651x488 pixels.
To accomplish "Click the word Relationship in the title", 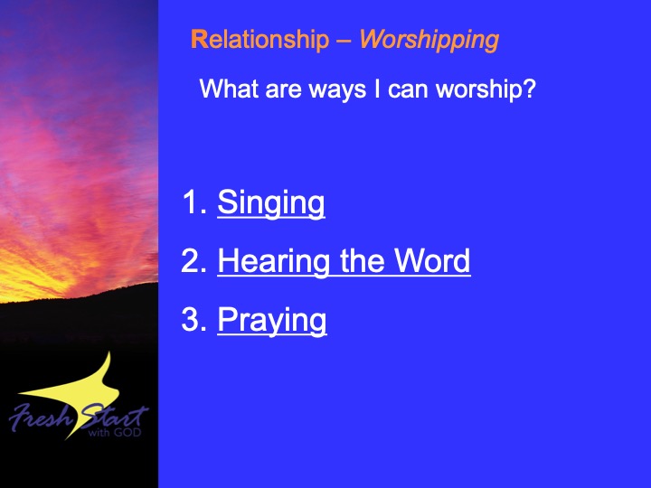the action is click(x=259, y=40).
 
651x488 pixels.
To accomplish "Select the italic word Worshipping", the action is click(x=429, y=41).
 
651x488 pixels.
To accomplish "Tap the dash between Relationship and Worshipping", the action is click(x=344, y=42).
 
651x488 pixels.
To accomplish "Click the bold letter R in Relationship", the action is click(x=199, y=40).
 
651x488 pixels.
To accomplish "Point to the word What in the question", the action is click(x=229, y=89).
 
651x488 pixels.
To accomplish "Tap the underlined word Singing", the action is click(x=271, y=203).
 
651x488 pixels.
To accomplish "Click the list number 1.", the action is click(x=194, y=202).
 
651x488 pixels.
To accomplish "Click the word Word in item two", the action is click(x=432, y=260).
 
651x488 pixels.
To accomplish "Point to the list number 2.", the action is click(x=193, y=260).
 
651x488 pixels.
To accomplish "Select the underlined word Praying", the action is click(x=272, y=320).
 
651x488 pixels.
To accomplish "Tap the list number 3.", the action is click(x=193, y=320).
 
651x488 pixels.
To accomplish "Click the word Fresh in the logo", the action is click(x=41, y=417).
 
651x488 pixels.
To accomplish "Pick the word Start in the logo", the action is click(x=114, y=417).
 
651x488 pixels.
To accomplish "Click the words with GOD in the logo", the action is click(x=115, y=432).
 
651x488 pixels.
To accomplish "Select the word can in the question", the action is click(x=408, y=90).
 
